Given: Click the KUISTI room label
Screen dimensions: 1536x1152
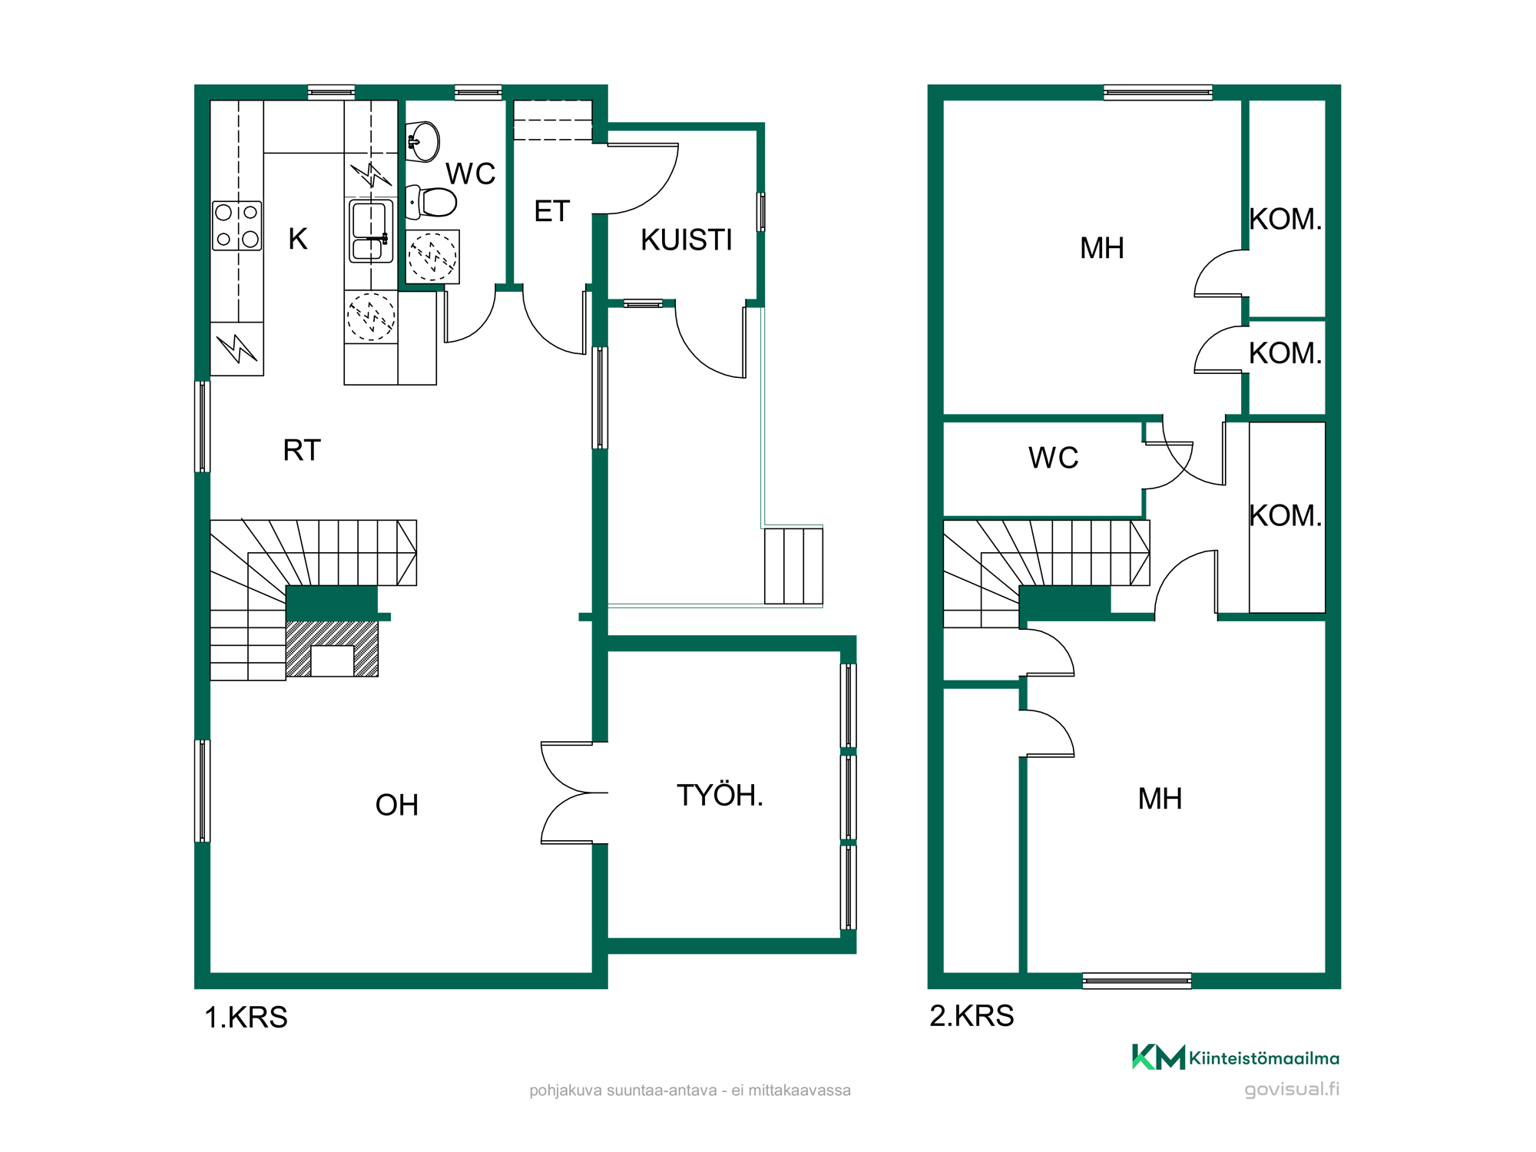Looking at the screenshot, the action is tap(687, 240).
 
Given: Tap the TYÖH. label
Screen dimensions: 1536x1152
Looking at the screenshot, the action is tap(720, 796).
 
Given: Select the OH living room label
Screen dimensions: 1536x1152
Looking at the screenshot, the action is tap(397, 806).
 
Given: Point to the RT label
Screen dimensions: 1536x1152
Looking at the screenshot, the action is tap(302, 451).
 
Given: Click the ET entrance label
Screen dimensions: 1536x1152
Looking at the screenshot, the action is tap(552, 211).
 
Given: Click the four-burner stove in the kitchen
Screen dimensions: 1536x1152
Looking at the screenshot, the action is tap(237, 226).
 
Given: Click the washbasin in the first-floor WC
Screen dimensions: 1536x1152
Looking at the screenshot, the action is tap(422, 141).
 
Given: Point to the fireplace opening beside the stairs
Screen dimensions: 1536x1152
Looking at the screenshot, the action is tap(333, 661).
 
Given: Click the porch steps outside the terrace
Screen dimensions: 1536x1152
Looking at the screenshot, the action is tap(793, 565).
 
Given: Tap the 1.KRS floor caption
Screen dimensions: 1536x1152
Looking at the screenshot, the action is tap(246, 1018).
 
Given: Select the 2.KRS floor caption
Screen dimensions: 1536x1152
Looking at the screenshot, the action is tap(972, 1016).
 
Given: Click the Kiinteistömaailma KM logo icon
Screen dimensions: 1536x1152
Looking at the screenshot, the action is tap(1158, 1057).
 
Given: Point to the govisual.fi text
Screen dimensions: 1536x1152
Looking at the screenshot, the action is tap(1292, 1089).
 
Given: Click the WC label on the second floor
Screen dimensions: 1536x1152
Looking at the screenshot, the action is tap(1054, 458).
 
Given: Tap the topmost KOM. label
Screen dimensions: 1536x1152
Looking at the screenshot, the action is tap(1286, 220).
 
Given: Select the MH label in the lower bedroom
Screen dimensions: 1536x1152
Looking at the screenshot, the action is tap(1160, 799).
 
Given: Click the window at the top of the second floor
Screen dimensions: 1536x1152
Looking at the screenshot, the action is tap(1158, 93).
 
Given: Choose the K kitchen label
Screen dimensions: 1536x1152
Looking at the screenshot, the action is tap(298, 240).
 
